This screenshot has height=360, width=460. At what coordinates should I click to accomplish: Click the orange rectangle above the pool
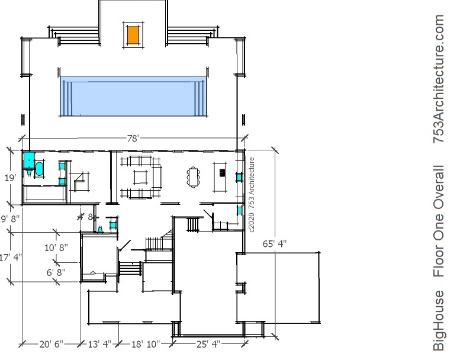133,35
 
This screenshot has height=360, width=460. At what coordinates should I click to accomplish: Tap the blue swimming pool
133,97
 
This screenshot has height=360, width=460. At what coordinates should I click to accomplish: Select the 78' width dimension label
133,139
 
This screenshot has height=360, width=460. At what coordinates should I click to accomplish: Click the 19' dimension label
10,178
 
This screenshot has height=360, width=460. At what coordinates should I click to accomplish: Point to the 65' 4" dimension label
275,243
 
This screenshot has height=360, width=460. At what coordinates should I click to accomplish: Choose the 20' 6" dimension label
52,344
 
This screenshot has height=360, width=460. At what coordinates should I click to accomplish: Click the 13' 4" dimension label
99,344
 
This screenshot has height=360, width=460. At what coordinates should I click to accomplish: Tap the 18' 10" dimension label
146,344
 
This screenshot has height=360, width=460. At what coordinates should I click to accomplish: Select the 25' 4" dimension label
208,344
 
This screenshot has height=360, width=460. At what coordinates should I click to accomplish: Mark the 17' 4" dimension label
11,258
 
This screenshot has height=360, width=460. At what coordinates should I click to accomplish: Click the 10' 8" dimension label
56,247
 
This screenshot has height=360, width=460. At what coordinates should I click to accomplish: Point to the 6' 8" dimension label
56,272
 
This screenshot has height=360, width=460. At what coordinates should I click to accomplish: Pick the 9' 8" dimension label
10,218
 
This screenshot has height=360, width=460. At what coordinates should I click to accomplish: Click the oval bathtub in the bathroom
39,169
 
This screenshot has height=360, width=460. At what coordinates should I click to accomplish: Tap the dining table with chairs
194,176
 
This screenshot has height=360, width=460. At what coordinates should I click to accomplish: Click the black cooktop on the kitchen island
223,173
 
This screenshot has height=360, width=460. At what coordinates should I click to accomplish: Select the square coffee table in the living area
141,177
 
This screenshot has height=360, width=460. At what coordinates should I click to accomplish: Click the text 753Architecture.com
439,79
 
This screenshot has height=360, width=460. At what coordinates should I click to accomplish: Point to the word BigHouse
439,321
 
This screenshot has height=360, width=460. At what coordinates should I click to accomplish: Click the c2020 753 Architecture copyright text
252,195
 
